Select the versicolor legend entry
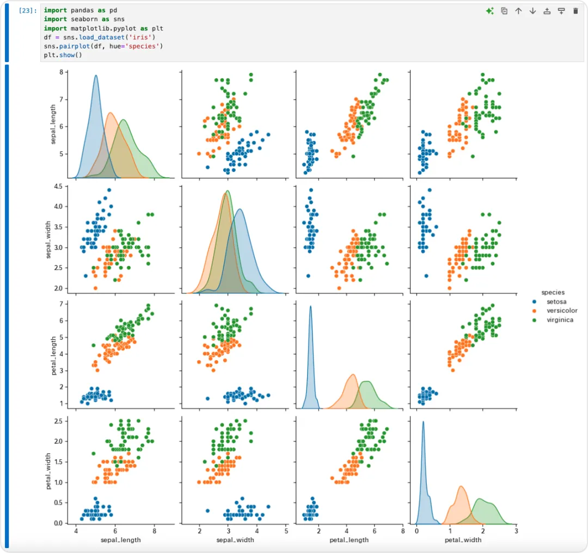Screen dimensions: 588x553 coord(555,311)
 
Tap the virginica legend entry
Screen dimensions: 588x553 coord(553,320)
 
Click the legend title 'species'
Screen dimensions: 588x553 coord(553,292)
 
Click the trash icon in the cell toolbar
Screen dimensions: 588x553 coord(575,11)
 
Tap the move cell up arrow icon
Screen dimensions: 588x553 coord(518,11)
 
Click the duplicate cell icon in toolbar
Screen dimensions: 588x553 coord(504,11)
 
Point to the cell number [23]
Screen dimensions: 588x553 coord(28,10)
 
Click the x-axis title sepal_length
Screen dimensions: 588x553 coord(121,540)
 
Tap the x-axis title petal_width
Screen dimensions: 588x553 coord(463,540)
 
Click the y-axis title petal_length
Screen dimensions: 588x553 coord(53,355)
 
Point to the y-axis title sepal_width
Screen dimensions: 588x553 coord(48,239)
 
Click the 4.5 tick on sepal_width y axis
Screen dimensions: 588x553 coord(58,186)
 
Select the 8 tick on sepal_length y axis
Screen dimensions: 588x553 coord(61,72)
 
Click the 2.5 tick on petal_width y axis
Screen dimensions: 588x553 coord(58,421)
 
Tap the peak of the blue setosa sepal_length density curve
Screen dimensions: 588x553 coord(96,75)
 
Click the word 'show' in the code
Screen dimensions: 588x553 coord(67,55)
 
